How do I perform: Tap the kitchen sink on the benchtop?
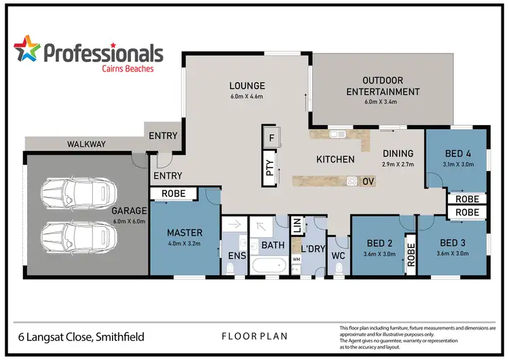coord(337,134)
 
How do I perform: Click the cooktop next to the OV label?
coord(352,181)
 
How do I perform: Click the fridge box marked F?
coord(271,138)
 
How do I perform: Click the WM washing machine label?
coord(296,259)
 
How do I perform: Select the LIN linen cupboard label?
coord(297,225)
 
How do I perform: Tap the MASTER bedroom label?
coord(185,233)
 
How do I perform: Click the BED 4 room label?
coord(459,154)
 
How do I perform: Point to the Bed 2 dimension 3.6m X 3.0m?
coord(378,253)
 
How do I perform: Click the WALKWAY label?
coord(86,144)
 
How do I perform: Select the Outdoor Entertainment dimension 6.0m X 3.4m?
coord(381,103)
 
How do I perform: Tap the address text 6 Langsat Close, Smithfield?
coord(81,336)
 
